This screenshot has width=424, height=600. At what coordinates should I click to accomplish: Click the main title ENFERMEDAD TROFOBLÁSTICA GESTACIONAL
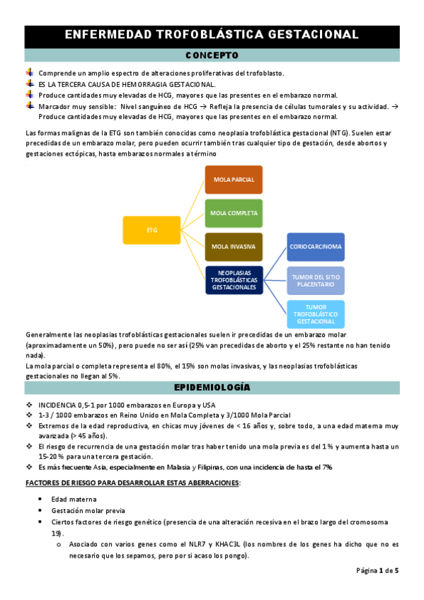(x=212, y=35)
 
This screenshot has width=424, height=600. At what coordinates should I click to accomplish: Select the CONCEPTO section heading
(x=212, y=55)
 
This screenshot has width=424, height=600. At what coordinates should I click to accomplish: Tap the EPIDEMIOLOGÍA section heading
(x=212, y=388)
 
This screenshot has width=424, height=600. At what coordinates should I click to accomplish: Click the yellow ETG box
(x=151, y=230)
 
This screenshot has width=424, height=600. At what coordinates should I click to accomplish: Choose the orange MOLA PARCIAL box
(x=234, y=180)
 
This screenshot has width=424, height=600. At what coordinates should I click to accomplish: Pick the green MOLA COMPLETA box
(x=234, y=212)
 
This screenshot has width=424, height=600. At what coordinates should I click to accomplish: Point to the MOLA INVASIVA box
(x=234, y=246)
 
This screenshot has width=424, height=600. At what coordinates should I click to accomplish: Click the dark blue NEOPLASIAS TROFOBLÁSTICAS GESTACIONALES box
(x=234, y=279)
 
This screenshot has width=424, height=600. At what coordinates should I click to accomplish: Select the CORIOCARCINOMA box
(x=316, y=247)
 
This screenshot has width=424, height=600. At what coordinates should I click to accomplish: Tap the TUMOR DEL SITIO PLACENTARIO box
(x=316, y=280)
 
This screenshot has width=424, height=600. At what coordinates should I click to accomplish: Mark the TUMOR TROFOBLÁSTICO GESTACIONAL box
(x=316, y=313)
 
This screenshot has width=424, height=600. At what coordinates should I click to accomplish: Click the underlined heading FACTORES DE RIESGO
(x=132, y=483)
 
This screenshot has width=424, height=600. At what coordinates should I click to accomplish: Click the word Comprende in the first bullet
(x=57, y=73)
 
